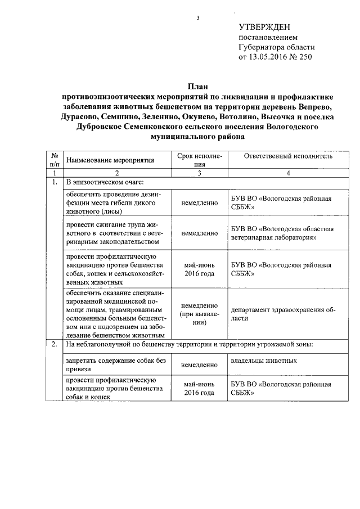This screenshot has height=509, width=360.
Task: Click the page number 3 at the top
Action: click(197, 18)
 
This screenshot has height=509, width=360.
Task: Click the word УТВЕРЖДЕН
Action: click(265, 27)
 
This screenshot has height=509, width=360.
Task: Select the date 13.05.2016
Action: click(271, 57)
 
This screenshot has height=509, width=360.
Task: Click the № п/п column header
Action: click(55, 160)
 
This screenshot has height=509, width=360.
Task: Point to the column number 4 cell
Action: click(288, 173)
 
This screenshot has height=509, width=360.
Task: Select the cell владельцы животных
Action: click(264, 360)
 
